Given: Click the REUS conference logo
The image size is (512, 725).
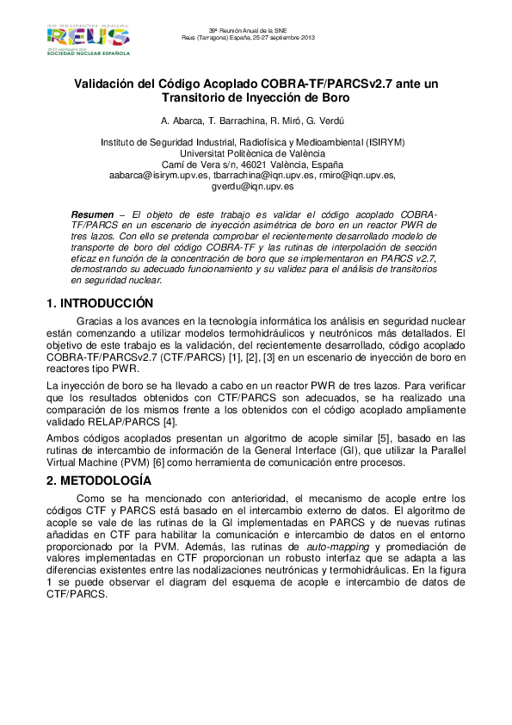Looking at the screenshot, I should point(88,39).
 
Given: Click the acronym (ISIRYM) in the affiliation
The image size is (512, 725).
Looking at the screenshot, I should point(385,141).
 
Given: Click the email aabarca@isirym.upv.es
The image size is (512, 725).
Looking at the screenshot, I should point(159,175).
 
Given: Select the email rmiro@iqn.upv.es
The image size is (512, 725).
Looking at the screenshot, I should point(357,175).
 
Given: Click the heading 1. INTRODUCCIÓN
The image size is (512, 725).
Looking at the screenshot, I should point(99,303).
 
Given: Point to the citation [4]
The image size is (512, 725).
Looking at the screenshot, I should point(170,422).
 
